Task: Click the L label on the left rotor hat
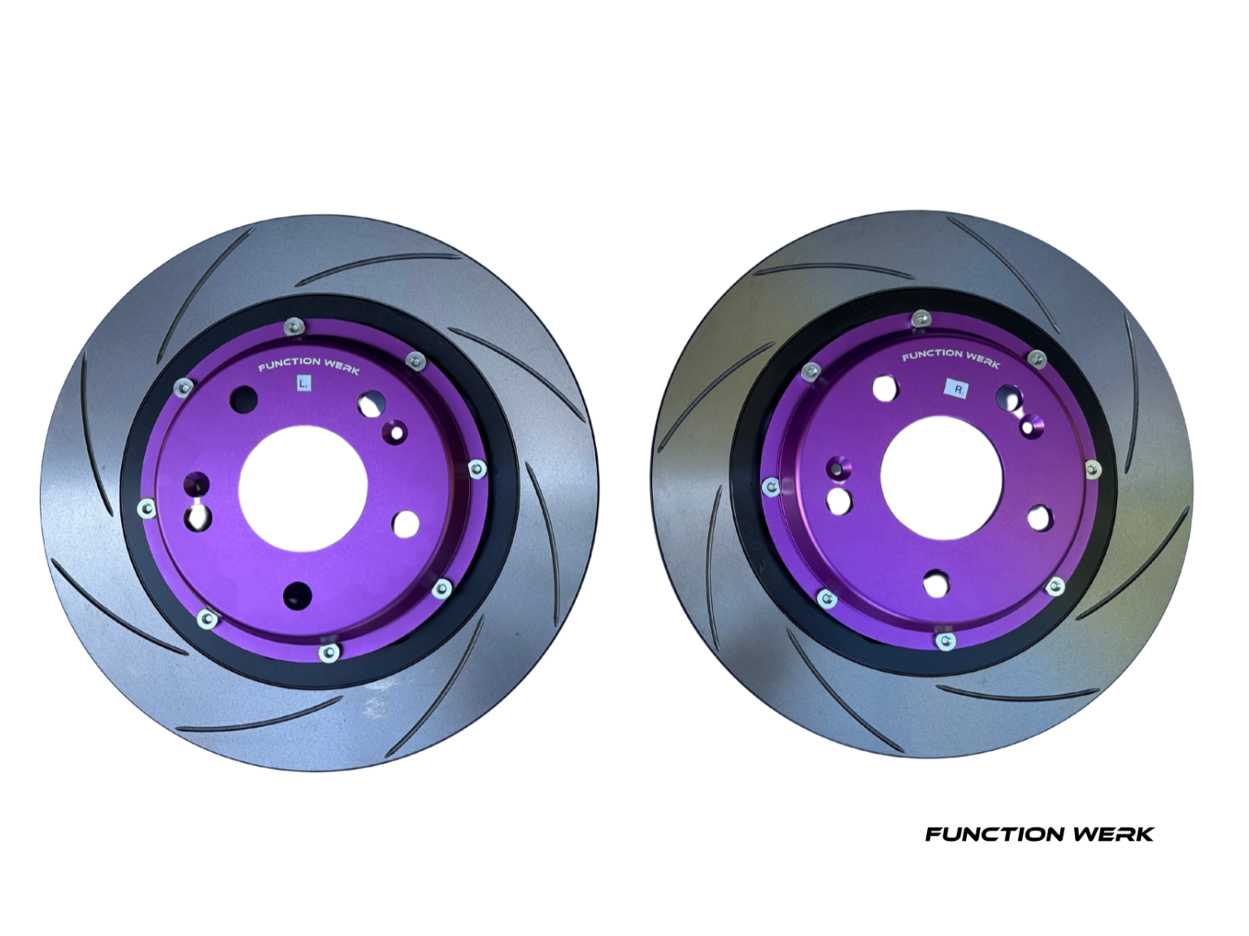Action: (x=303, y=382)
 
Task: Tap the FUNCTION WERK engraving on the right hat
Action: (x=951, y=358)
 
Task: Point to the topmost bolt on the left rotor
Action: (x=292, y=327)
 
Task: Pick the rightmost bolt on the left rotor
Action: (x=477, y=468)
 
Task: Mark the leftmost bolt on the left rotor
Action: (x=146, y=509)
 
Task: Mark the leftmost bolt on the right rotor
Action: (x=769, y=486)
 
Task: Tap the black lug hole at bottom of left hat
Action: (x=298, y=595)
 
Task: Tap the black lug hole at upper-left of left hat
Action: (x=244, y=398)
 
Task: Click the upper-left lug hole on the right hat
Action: (x=883, y=388)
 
